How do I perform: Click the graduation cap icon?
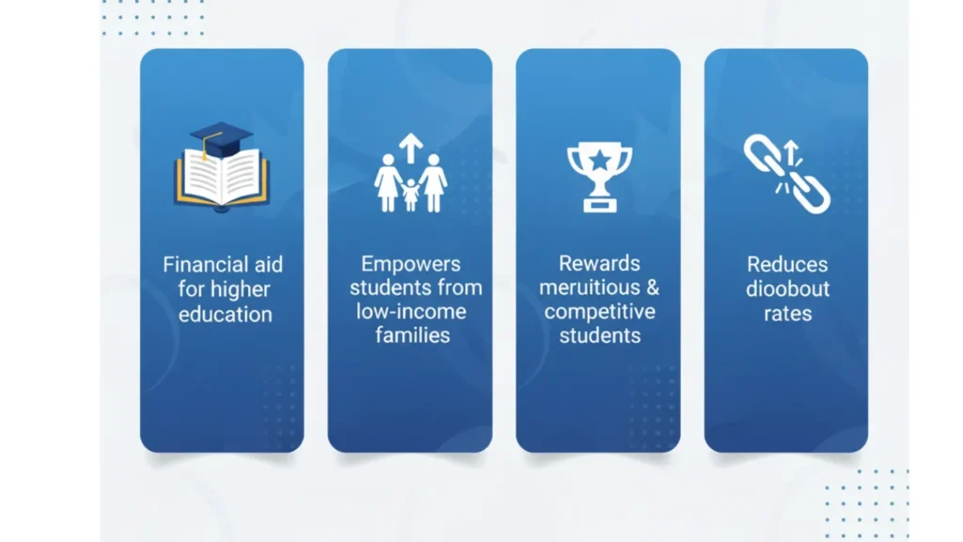point(220,139)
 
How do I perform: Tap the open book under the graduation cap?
point(222,179)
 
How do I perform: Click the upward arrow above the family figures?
point(411,148)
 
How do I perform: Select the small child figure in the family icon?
point(410,196)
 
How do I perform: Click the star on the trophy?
point(599,160)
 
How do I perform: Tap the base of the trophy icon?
point(599,203)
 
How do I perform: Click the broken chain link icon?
point(787,174)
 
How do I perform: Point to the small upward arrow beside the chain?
point(792,152)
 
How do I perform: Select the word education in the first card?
point(225,314)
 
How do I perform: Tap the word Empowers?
point(410,264)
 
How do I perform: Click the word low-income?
point(411,311)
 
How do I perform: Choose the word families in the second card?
point(412,335)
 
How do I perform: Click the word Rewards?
point(599,263)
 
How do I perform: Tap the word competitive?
point(599,311)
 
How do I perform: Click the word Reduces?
point(787,264)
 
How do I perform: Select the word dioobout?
point(787,289)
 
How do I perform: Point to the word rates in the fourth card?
point(787,314)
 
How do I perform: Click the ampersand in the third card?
point(653,288)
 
